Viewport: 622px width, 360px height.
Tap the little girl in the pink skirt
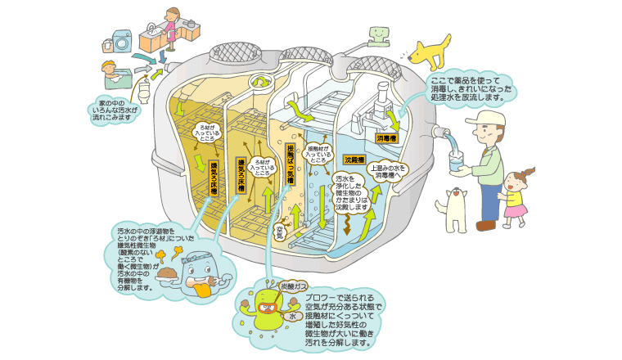point(516,196)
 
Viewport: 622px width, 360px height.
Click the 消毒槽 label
point(387,139)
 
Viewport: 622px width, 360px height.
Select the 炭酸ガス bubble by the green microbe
point(293,287)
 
